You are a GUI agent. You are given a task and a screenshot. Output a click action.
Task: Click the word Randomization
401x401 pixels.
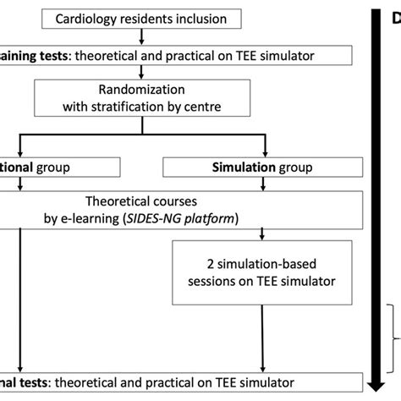point(132,92)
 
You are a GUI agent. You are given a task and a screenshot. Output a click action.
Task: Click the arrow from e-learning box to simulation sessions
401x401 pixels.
point(266,240)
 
